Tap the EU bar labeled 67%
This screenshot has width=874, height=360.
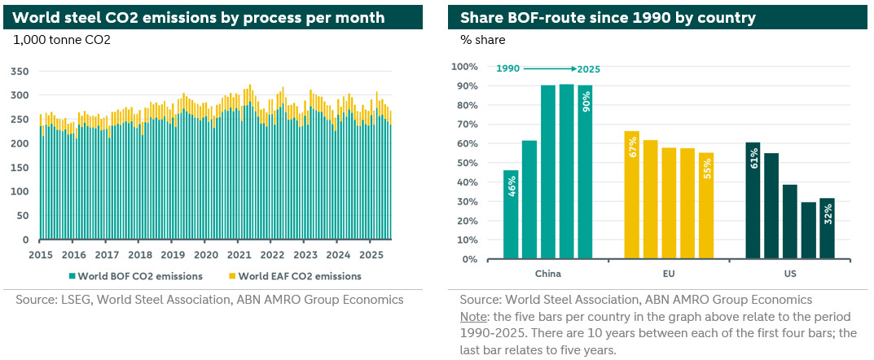[632, 195]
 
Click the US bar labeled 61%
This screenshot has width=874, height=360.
[753, 200]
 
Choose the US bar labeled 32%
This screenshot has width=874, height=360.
[826, 228]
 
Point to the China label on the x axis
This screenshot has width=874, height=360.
[547, 274]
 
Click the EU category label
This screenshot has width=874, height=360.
[668, 274]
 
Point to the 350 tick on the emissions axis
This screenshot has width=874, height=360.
[20, 72]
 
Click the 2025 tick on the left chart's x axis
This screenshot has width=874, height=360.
[371, 254]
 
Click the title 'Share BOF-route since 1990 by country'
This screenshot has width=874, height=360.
[608, 17]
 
